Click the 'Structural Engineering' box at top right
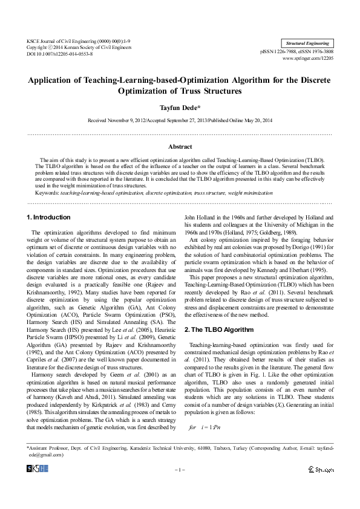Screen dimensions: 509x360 pos(307,44)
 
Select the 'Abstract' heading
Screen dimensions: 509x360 pos(180,147)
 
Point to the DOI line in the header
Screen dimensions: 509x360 pos(59,54)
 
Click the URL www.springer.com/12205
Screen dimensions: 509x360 pos(307,58)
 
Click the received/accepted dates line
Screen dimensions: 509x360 pos(180,120)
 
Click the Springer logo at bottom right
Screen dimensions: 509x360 pos(320,469)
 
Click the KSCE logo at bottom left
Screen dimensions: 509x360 pos(38,469)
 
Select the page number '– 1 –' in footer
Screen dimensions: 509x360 pos(180,469)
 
